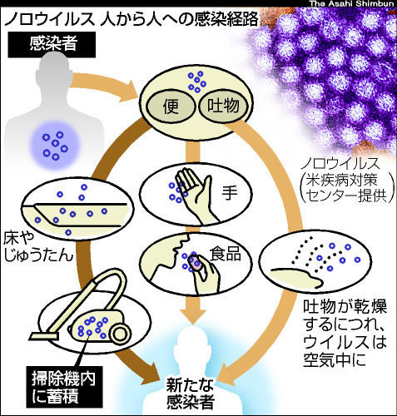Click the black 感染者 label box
pos(52,44)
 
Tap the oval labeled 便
pos(171,107)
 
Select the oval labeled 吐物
pos(223,106)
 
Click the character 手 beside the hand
pos(230,192)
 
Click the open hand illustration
pos(196,196)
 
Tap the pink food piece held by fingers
pos(195,263)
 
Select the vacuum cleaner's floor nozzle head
pos(44,336)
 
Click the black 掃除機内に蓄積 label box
pos(64,387)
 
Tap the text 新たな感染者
pos(191,393)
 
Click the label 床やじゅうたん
pos(38,247)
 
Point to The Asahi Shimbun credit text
pos(352,3)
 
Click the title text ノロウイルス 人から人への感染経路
pos(132,19)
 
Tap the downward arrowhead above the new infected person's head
pos(193,316)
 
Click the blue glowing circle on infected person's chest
pos(55,146)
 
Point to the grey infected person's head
pos(54,72)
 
